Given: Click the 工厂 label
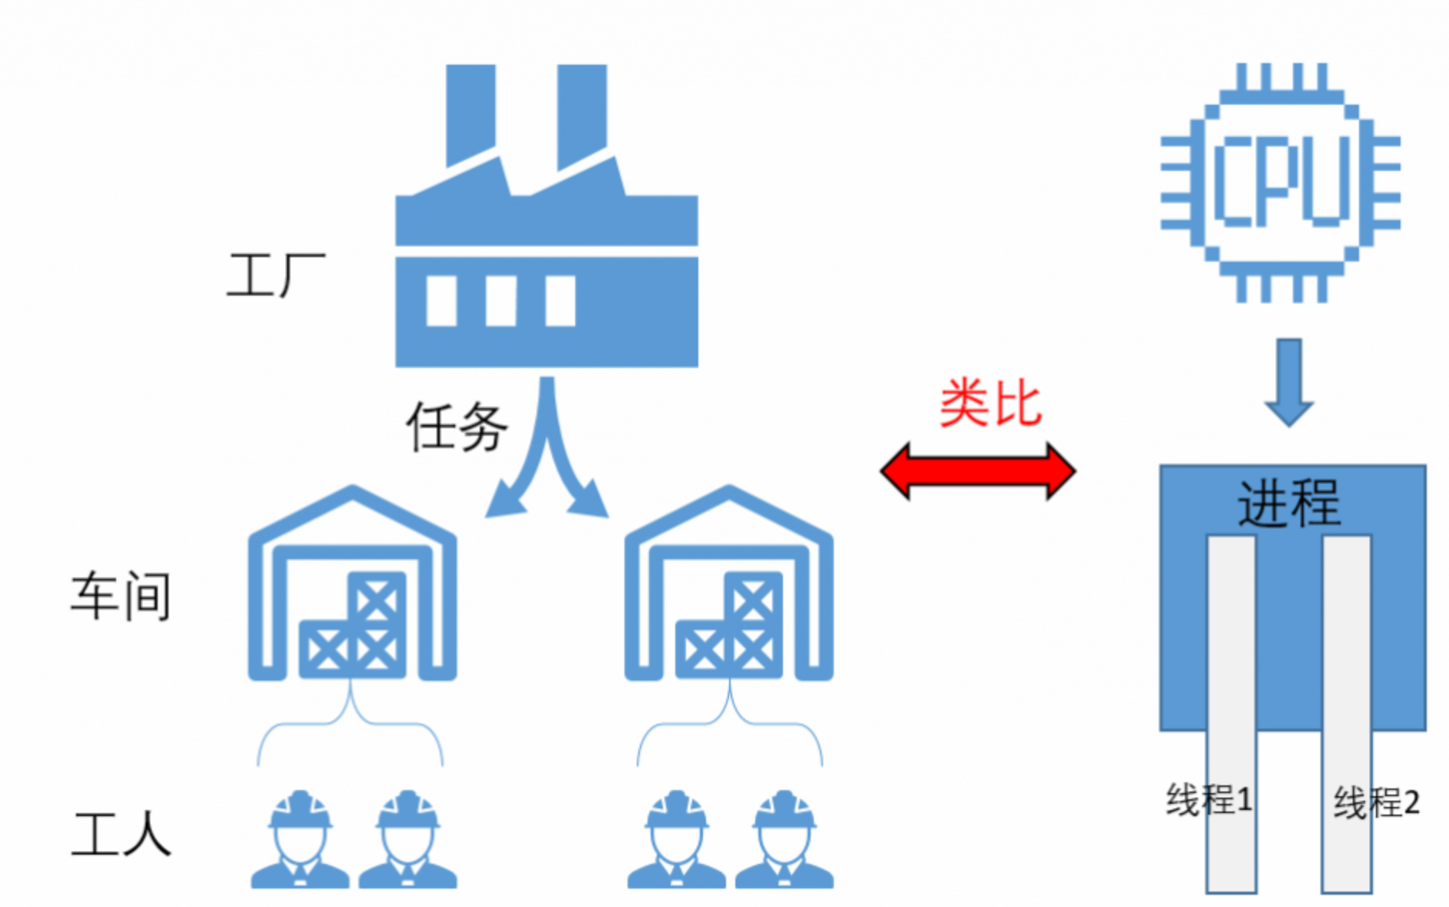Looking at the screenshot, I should (x=275, y=276).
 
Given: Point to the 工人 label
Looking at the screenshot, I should (x=121, y=833).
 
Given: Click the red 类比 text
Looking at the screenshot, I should (x=991, y=403).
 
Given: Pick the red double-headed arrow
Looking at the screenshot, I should (x=977, y=470).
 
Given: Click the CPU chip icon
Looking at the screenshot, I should (x=1280, y=182).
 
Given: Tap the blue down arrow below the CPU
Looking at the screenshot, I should (x=1289, y=381).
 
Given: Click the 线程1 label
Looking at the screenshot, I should (x=1208, y=799).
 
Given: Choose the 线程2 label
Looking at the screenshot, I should (x=1376, y=802).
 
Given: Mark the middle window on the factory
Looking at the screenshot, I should (x=501, y=301).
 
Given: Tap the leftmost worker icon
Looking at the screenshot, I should (x=300, y=841).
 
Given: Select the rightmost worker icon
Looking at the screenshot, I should (x=784, y=841).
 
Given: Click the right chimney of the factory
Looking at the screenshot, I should (x=582, y=112).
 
